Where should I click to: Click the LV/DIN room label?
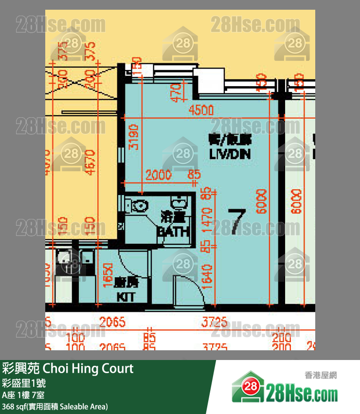click(231, 155)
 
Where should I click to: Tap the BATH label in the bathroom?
click(173, 232)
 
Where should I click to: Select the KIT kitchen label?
click(125, 296)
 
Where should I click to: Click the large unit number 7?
click(235, 221)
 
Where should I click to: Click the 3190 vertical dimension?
click(134, 137)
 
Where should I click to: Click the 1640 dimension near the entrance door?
click(208, 276)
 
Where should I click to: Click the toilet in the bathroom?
click(138, 205)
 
